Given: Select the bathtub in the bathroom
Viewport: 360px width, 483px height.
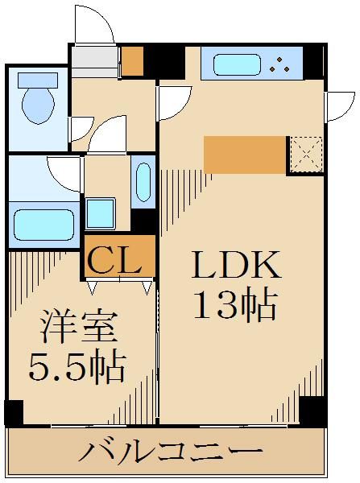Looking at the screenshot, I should click(44, 221).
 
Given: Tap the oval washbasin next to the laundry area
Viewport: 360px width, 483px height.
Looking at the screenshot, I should click(143, 182).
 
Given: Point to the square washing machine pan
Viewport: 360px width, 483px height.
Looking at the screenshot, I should click(101, 213).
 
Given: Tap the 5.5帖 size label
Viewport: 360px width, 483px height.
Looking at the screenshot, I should click(77, 369).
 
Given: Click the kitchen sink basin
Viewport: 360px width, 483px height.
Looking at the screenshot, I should click(234, 64).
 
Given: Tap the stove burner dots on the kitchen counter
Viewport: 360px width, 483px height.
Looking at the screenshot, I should click(283, 64).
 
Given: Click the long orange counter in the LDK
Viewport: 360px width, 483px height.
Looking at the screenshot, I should click(245, 155).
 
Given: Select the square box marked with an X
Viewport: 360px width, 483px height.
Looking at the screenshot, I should click(305, 155).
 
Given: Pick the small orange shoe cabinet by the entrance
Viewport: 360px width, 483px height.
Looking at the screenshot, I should click(132, 60).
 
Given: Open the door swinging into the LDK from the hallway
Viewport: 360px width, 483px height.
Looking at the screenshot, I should click(172, 100).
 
